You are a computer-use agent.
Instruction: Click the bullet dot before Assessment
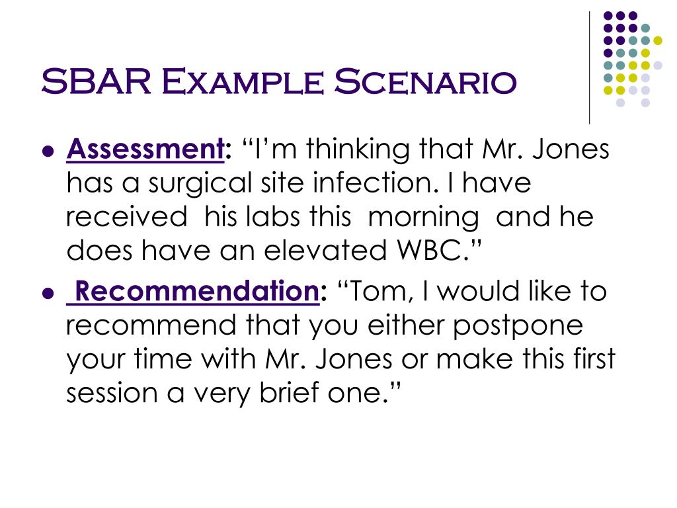pos(47,151)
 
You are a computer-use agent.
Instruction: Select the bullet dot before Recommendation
pos(47,292)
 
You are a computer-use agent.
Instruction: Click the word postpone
pos(523,327)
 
